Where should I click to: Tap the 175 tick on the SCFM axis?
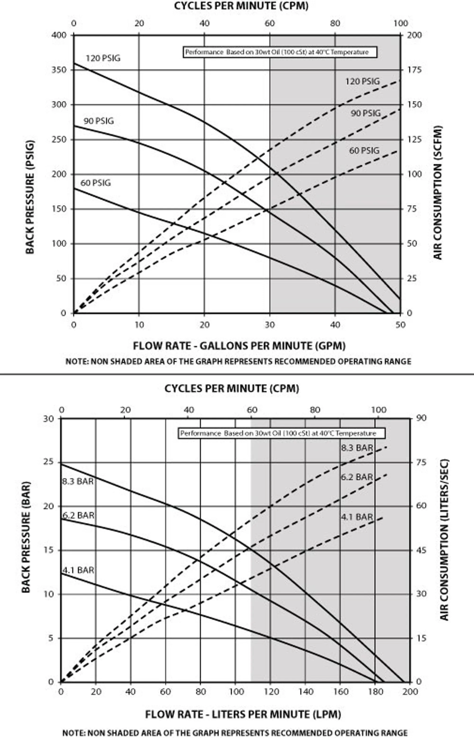point(414,70)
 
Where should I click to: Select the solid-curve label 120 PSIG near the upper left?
point(103,58)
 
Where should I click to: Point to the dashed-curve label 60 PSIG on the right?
point(364,151)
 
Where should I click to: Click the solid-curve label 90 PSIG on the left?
point(99,121)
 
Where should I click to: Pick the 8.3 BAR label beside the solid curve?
point(78,481)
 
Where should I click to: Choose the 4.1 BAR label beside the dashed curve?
point(357,517)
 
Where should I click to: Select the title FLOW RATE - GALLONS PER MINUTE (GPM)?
point(239,346)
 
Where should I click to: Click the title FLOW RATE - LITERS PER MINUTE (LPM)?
point(243,714)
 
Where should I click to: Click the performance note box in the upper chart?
point(280,52)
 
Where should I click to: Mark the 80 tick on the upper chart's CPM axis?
point(335,23)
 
